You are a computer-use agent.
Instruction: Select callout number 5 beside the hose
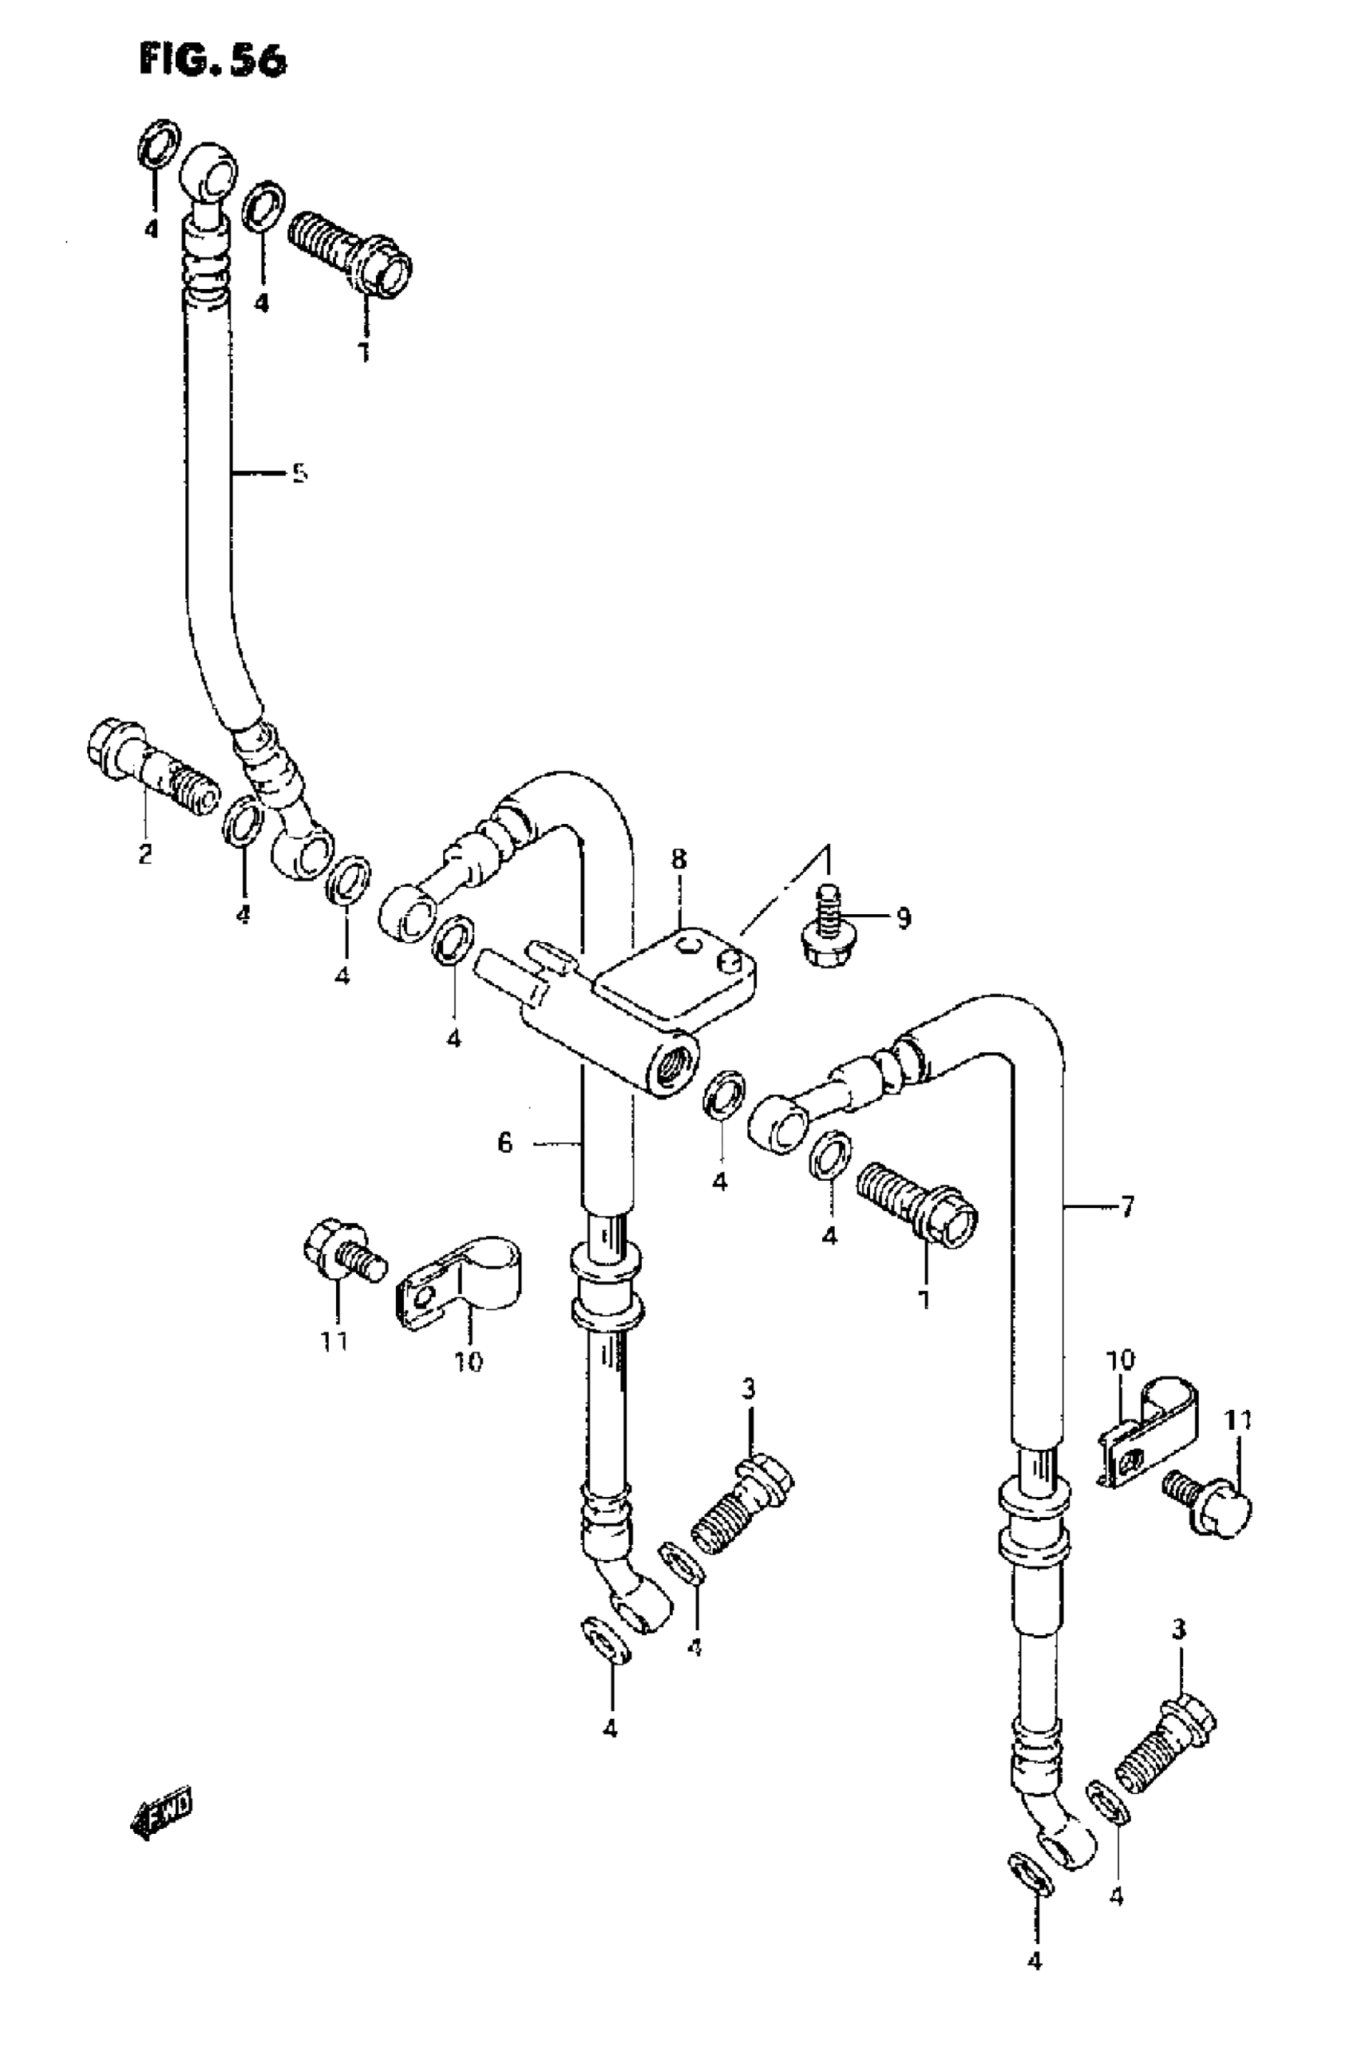click(x=299, y=473)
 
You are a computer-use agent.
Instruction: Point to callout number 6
click(x=504, y=1143)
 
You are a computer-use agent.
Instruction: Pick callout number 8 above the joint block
click(x=678, y=860)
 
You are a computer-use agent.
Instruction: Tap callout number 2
click(x=144, y=853)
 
